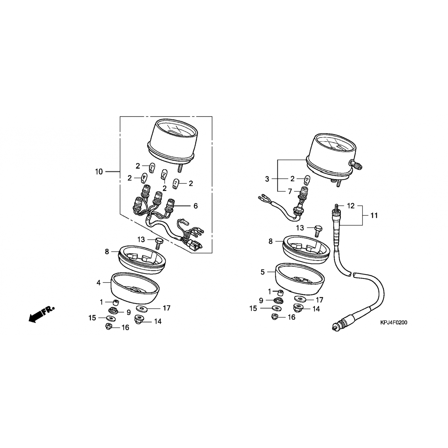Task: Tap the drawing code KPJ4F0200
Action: pos(394,323)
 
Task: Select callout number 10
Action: pos(99,172)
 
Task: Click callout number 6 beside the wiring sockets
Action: pos(196,206)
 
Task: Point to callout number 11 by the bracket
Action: pos(374,215)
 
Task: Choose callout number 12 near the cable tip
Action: pos(351,206)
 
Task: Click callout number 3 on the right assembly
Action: pos(267,179)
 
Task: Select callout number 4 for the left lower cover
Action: pos(99,283)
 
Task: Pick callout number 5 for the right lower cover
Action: pos(263,272)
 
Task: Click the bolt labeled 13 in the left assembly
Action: pos(158,243)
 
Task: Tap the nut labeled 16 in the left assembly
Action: pos(109,327)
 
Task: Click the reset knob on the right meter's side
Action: pos(357,164)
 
